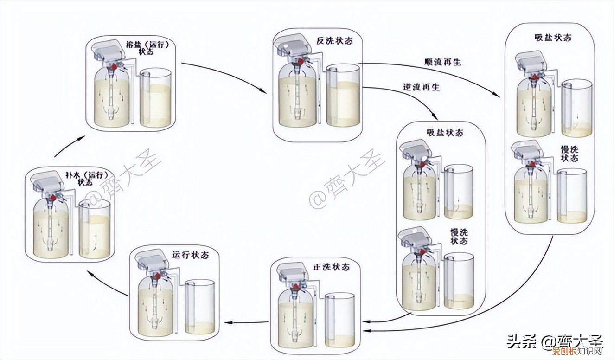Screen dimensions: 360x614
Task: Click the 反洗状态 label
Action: point(334,41)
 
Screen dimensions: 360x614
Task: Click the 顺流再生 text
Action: point(442,62)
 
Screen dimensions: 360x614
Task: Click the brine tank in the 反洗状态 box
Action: point(343,96)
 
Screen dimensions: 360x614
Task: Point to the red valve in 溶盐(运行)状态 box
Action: point(113,68)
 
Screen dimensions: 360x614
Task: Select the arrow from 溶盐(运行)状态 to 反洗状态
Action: point(223,74)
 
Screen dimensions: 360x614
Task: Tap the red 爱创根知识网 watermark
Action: point(577,351)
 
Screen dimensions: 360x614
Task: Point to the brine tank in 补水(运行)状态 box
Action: point(95,231)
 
